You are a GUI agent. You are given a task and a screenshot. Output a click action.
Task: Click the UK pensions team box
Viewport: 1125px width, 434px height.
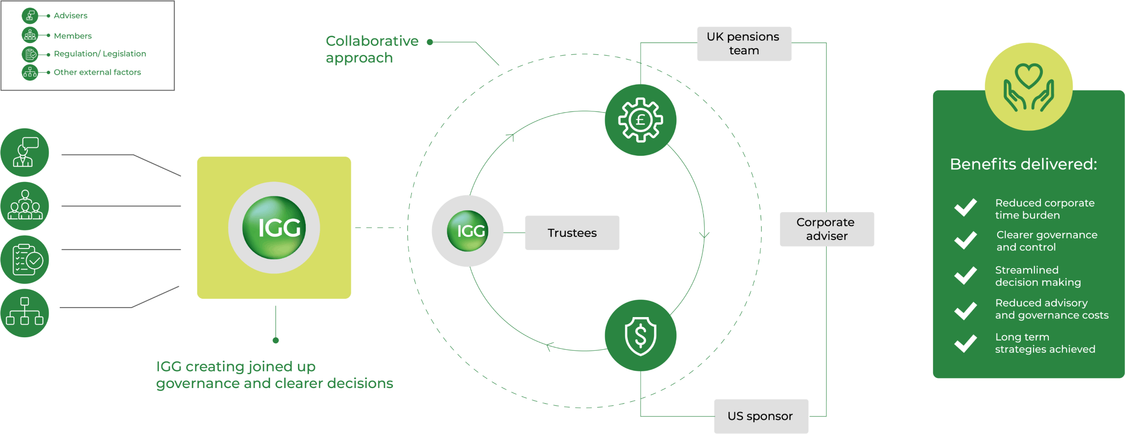[744, 44]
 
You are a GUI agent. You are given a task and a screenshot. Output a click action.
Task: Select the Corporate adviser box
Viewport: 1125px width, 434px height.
[826, 229]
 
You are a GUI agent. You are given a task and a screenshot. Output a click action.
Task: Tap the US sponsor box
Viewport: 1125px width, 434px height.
[761, 416]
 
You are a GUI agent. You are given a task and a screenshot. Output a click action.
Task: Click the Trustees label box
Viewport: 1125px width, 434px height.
[572, 233]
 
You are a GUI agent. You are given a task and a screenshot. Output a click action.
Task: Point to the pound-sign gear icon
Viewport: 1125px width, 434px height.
[640, 120]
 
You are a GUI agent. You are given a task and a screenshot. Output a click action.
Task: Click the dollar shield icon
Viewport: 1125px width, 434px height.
[640, 335]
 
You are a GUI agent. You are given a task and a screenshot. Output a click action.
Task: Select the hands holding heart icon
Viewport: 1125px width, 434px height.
[1029, 87]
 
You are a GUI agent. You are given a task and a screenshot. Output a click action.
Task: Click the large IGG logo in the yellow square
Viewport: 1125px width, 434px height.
[274, 228]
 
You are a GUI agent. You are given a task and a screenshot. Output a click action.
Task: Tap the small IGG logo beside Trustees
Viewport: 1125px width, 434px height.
[467, 231]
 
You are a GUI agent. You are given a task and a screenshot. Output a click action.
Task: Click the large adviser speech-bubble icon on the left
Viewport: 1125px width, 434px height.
[25, 152]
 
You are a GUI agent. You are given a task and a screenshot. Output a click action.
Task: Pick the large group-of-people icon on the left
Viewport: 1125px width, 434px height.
[25, 206]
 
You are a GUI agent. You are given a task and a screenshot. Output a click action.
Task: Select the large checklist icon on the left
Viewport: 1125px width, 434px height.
[25, 259]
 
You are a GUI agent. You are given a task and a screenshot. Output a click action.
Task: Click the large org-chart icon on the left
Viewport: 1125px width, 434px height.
[25, 313]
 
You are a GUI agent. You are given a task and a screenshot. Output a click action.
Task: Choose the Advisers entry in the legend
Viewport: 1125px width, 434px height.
[70, 16]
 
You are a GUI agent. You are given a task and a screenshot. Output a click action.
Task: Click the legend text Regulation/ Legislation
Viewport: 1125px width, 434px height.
[99, 54]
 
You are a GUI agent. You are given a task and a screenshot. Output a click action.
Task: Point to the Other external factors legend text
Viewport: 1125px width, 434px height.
[97, 72]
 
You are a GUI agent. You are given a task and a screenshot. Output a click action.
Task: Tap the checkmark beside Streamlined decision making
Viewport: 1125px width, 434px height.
[965, 275]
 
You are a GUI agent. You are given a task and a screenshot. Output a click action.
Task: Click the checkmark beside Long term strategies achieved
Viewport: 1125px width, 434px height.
[965, 343]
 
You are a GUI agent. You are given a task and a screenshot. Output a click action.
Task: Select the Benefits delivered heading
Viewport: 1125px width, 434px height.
[1023, 164]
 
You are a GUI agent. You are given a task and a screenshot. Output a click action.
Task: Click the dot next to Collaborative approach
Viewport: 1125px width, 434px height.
[430, 42]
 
